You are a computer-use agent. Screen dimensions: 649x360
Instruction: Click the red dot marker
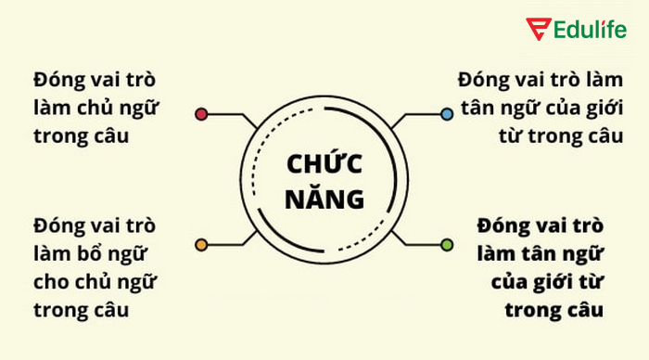coord(201,115)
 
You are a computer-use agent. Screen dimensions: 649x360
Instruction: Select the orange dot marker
coord(201,245)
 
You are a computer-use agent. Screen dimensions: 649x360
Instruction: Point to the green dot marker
coord(448,245)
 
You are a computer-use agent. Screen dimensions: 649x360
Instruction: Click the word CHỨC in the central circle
coord(324,164)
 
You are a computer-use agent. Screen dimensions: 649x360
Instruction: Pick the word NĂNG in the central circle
coord(324,198)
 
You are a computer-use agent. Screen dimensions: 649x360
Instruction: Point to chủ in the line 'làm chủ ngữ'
coord(95,108)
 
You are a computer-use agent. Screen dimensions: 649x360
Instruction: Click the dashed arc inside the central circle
coord(269,181)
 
